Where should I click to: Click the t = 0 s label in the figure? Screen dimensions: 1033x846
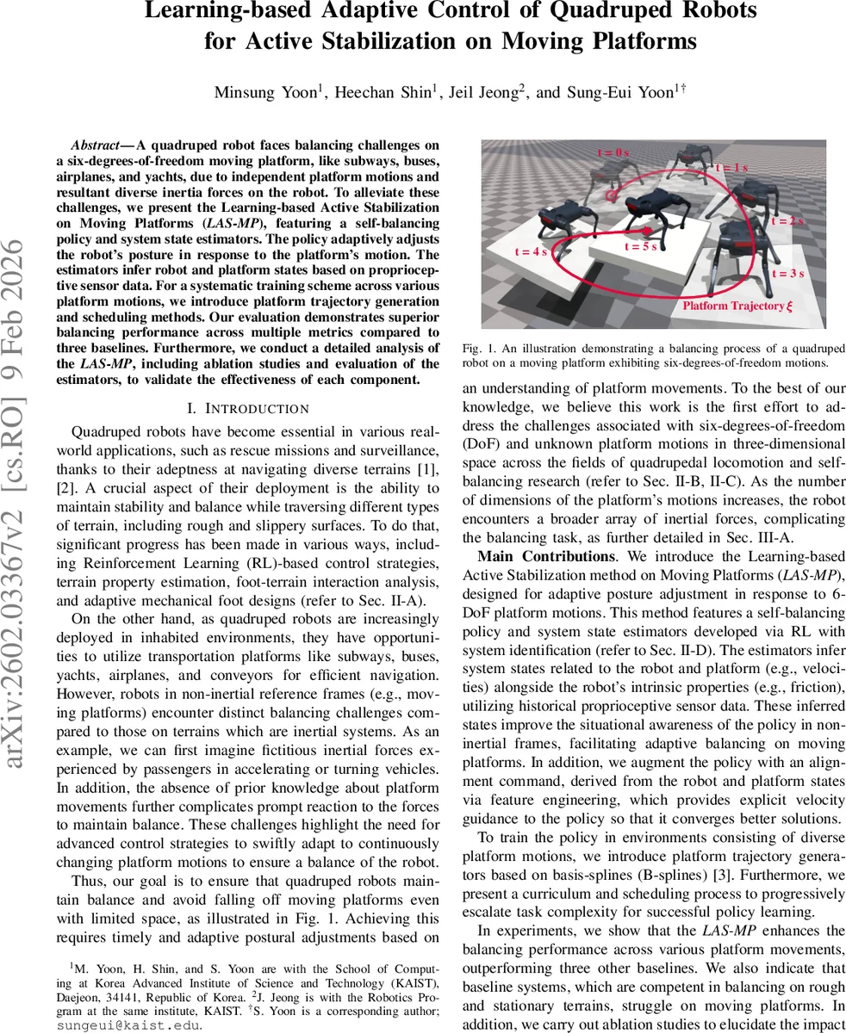pyautogui.click(x=615, y=152)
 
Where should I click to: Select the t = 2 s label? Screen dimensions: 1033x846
pyautogui.click(x=786, y=221)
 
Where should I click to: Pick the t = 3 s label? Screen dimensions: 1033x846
pyautogui.click(x=786, y=274)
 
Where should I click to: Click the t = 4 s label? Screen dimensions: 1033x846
pyautogui.click(x=531, y=252)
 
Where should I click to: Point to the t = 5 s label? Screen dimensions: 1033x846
pyautogui.click(x=641, y=246)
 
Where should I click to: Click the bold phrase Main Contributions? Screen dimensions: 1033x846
pyautogui.click(x=534, y=556)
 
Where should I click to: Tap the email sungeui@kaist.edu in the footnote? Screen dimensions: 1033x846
pyautogui.click(x=128, y=1025)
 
